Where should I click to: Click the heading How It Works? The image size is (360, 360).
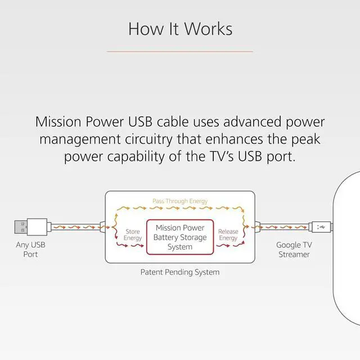click(x=180, y=28)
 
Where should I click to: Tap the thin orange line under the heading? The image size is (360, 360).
click(x=180, y=51)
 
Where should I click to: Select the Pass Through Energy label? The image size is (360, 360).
click(x=180, y=201)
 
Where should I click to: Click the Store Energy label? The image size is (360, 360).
click(x=133, y=235)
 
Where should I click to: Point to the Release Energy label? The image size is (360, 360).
click(x=228, y=235)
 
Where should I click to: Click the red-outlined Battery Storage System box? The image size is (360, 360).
click(x=180, y=237)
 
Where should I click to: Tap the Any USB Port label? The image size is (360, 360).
click(x=30, y=250)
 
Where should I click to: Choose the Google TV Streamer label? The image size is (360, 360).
click(x=294, y=250)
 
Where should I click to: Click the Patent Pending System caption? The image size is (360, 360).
click(x=180, y=272)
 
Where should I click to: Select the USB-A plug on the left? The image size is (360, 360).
click(x=31, y=227)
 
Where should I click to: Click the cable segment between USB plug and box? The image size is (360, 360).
click(x=76, y=227)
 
